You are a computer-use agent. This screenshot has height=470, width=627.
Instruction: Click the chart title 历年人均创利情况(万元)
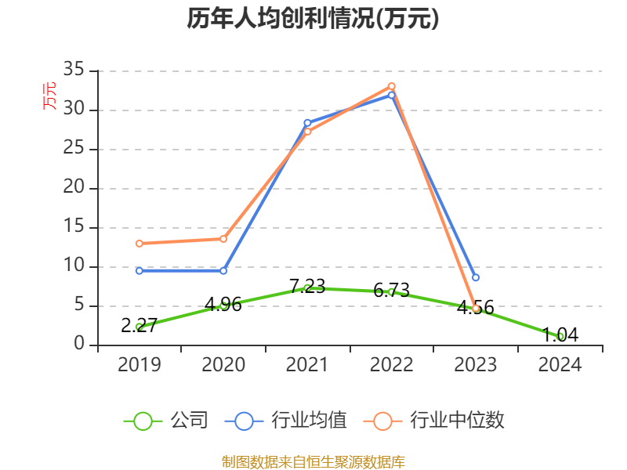click(313, 19)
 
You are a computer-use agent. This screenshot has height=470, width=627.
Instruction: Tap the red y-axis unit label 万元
click(49, 96)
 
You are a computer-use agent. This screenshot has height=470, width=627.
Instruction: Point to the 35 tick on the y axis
click(74, 70)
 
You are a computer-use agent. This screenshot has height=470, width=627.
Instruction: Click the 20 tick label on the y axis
click(74, 188)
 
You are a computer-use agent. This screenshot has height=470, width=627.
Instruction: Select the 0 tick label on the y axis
click(79, 345)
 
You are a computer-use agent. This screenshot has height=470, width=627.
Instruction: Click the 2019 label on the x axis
click(139, 365)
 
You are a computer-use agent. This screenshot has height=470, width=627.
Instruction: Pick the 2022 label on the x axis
click(391, 365)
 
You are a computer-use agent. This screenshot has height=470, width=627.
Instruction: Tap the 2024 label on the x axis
click(560, 365)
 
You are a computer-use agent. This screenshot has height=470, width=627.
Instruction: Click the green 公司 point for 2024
click(560, 336)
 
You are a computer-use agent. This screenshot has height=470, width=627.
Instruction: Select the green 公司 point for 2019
click(139, 327)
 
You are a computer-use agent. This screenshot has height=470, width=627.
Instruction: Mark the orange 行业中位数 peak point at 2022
click(391, 86)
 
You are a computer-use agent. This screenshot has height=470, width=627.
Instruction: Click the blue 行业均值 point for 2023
click(476, 277)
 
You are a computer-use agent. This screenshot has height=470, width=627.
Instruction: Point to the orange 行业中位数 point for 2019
click(139, 243)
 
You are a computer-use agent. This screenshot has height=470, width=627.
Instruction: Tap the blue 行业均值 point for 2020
click(223, 270)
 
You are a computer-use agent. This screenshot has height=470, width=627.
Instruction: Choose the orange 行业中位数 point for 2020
click(223, 238)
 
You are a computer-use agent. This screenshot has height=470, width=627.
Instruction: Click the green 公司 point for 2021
click(307, 288)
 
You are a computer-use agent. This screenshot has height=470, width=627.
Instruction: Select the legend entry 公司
click(166, 421)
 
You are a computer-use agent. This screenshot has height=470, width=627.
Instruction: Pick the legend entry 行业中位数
click(435, 421)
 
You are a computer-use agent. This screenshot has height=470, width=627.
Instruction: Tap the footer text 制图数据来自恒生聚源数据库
click(313, 461)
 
